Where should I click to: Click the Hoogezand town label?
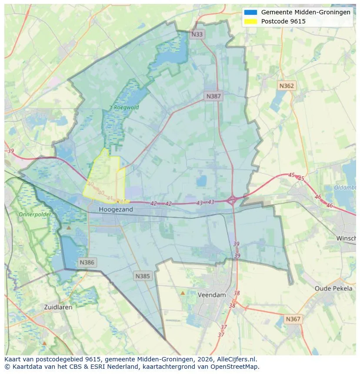(116, 209)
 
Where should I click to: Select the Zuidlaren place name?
(58, 307)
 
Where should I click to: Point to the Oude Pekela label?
(333, 288)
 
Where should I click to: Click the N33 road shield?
(197, 34)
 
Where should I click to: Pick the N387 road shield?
(213, 96)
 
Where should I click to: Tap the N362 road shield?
(287, 86)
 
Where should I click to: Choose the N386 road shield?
(87, 262)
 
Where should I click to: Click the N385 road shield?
(143, 276)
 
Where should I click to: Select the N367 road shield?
(293, 319)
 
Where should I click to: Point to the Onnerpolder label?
(35, 215)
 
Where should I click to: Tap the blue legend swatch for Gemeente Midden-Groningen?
(251, 13)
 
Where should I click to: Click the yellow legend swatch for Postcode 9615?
(251, 21)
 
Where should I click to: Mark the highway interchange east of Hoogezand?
(232, 200)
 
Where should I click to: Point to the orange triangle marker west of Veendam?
(183, 293)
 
